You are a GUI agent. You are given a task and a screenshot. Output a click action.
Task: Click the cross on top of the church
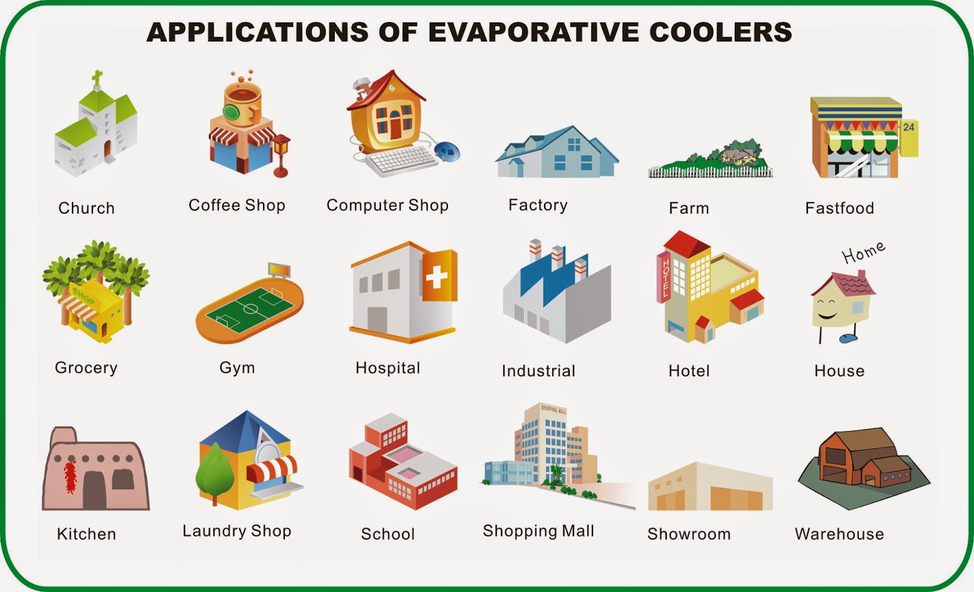pos(97,79)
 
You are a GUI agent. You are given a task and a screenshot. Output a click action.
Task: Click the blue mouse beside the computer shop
pos(447,152)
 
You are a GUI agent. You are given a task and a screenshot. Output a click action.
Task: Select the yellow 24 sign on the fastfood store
pos(908,138)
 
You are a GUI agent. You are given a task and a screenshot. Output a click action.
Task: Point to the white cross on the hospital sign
pos(436,277)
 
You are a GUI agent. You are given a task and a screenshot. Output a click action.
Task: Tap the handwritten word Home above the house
pos(863,252)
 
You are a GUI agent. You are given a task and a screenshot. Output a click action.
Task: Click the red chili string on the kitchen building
pos(71,477)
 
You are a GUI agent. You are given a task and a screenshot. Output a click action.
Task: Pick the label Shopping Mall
pos(538,531)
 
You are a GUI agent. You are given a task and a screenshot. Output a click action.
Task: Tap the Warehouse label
pos(839,534)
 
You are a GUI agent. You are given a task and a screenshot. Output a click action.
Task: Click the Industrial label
pos(538,370)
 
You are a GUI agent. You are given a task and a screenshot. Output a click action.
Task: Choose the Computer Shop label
pos(387,205)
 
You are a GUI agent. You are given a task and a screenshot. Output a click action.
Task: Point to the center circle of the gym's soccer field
pos(250,309)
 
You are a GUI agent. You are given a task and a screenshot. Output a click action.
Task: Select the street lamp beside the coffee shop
pos(281,155)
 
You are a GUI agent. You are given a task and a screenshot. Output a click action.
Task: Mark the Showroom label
pos(688,534)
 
